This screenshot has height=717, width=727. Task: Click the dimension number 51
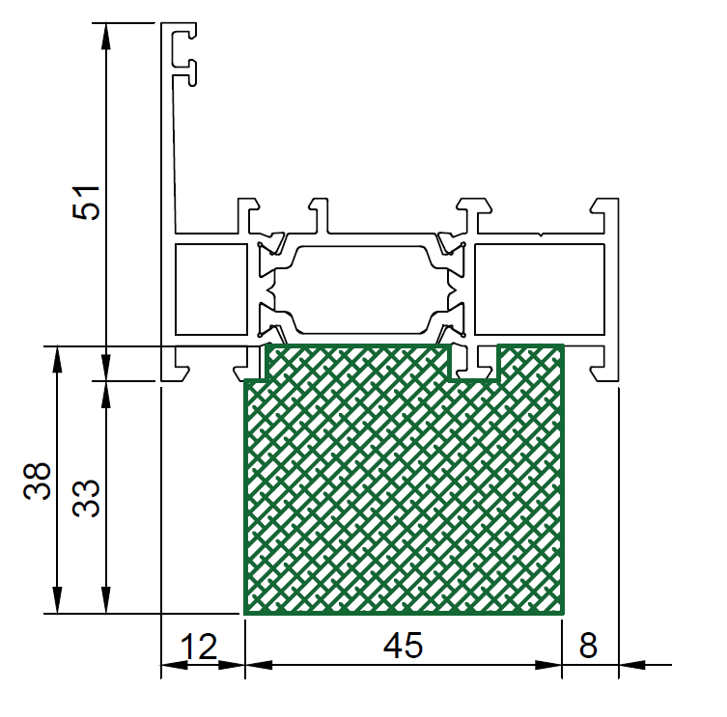point(86,203)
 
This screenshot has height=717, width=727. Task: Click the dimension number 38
point(37,481)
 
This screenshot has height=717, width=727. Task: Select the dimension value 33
point(86,498)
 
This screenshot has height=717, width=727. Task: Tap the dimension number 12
point(199,647)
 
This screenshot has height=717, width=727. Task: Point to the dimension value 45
point(403,646)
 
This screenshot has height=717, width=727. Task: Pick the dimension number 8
point(588,646)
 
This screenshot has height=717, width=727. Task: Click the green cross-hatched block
point(404,491)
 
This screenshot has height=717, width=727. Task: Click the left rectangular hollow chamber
point(211,290)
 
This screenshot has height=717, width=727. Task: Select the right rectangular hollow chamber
point(540,290)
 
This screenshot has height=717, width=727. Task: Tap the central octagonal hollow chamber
point(362,290)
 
